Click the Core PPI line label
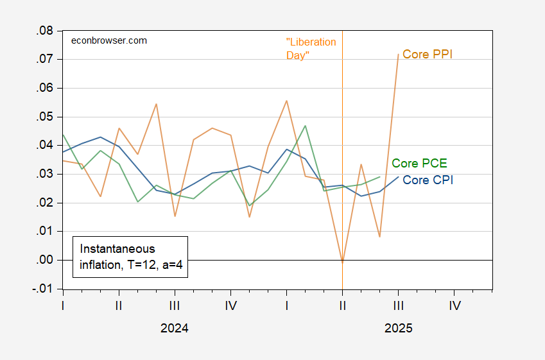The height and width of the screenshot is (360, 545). click(x=428, y=55)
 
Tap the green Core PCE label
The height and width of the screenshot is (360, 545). click(x=419, y=163)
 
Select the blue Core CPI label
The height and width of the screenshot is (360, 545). click(x=428, y=180)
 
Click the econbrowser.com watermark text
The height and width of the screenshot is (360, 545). click(x=108, y=40)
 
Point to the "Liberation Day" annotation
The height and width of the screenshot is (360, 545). click(x=311, y=49)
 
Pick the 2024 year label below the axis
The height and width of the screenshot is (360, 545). click(x=174, y=329)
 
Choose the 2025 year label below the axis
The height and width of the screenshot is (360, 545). click(x=398, y=329)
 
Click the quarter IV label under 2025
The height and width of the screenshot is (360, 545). click(x=454, y=305)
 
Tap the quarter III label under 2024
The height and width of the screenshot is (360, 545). click(x=175, y=305)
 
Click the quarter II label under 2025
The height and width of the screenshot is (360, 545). click(x=342, y=305)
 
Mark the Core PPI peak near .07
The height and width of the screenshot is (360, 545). click(x=398, y=54)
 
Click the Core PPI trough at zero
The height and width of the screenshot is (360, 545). click(x=342, y=262)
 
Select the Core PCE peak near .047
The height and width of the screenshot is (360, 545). click(x=305, y=126)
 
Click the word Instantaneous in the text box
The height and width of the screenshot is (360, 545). click(x=117, y=248)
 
